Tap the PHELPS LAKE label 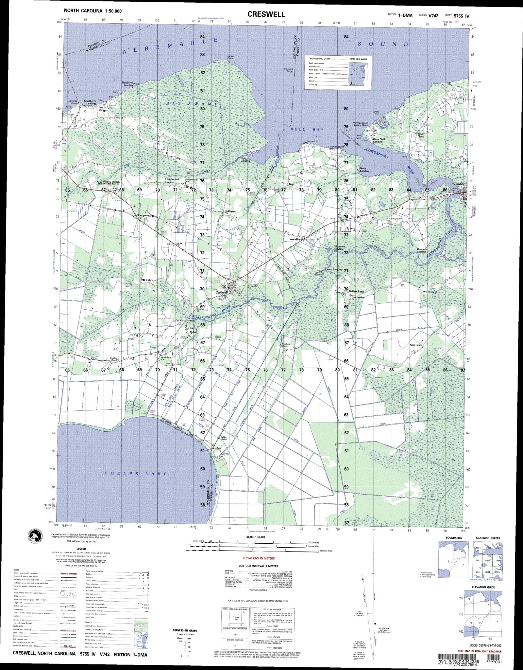coord(135,474)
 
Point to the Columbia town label coord(457,184)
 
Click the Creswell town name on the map coord(221,292)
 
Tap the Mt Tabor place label coord(147,280)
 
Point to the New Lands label coord(416,345)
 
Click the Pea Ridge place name coord(103,109)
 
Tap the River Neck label coord(421,135)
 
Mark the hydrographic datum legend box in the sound coord(338,72)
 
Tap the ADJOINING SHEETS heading coord(488,538)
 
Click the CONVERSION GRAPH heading coord(185,630)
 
